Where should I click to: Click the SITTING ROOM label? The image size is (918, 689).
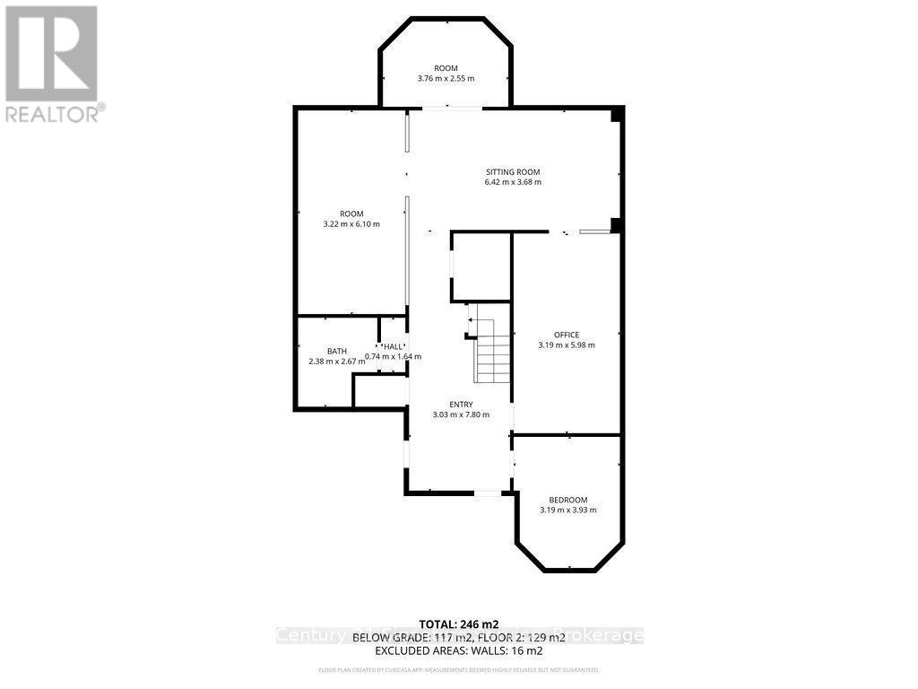coord(513,172)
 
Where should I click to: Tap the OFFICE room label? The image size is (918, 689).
coord(566,335)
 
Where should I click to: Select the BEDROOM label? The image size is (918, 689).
coord(567,500)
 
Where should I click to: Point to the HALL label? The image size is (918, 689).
coord(393,346)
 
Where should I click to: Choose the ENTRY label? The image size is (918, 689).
coord(461,405)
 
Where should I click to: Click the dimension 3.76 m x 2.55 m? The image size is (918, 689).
coord(446,79)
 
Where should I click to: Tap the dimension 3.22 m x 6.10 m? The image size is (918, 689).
coord(351,224)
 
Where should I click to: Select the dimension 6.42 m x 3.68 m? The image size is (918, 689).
coord(513,182)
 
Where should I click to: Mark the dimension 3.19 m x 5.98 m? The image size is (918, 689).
coord(566,344)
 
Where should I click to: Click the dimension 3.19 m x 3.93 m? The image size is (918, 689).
coord(567,510)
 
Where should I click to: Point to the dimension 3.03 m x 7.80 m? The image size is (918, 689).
coord(461,414)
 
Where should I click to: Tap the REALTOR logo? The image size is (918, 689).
coord(52,63)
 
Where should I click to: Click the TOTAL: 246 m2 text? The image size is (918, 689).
coord(458,624)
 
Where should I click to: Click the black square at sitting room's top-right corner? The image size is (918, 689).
coord(616,115)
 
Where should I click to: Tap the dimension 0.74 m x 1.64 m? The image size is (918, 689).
coord(394,356)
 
